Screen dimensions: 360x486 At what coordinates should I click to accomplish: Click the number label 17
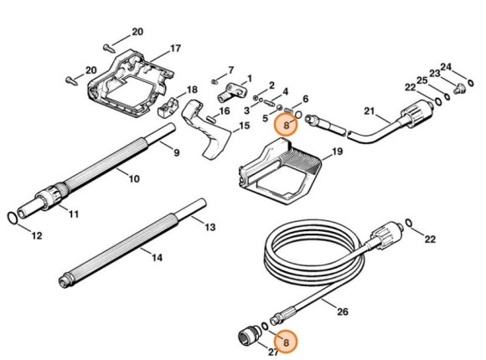pos(175,49)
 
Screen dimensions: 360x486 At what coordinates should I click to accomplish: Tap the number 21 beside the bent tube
pos(369,111)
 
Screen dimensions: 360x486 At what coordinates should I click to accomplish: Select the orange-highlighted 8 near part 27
pos(287,342)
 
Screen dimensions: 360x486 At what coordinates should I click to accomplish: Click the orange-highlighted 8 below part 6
pos(287,126)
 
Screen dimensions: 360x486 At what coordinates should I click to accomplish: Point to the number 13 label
pos(209,227)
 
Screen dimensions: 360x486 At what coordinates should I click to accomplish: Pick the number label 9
pos(176,152)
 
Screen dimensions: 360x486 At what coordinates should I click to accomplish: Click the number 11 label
pos(74,215)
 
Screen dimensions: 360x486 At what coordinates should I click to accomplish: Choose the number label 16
pos(225,111)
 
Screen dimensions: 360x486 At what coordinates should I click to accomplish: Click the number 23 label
pos(434,74)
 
